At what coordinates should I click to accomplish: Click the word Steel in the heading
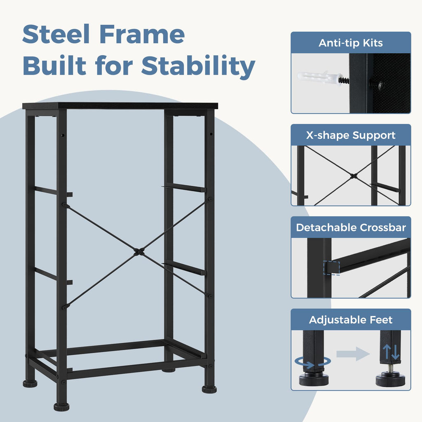point(56,34)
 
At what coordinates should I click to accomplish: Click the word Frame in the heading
point(142,34)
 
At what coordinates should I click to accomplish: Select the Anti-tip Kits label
point(351,43)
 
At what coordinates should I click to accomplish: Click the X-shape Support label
point(351,135)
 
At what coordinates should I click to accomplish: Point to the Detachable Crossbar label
point(351,227)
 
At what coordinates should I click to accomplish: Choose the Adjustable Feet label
point(351,320)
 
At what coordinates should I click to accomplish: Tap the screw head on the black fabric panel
point(380,85)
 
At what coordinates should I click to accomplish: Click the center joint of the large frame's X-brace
point(138,252)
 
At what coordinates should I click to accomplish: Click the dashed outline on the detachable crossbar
point(331,268)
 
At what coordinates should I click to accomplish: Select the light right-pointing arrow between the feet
point(353,354)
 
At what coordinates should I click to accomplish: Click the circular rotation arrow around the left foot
point(313,362)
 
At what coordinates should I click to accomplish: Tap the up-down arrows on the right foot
point(391,352)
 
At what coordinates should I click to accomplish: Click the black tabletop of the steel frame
point(120,106)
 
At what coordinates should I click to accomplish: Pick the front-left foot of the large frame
point(61,407)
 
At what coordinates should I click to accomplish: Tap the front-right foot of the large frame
point(209,389)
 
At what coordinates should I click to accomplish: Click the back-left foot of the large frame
point(30,384)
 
